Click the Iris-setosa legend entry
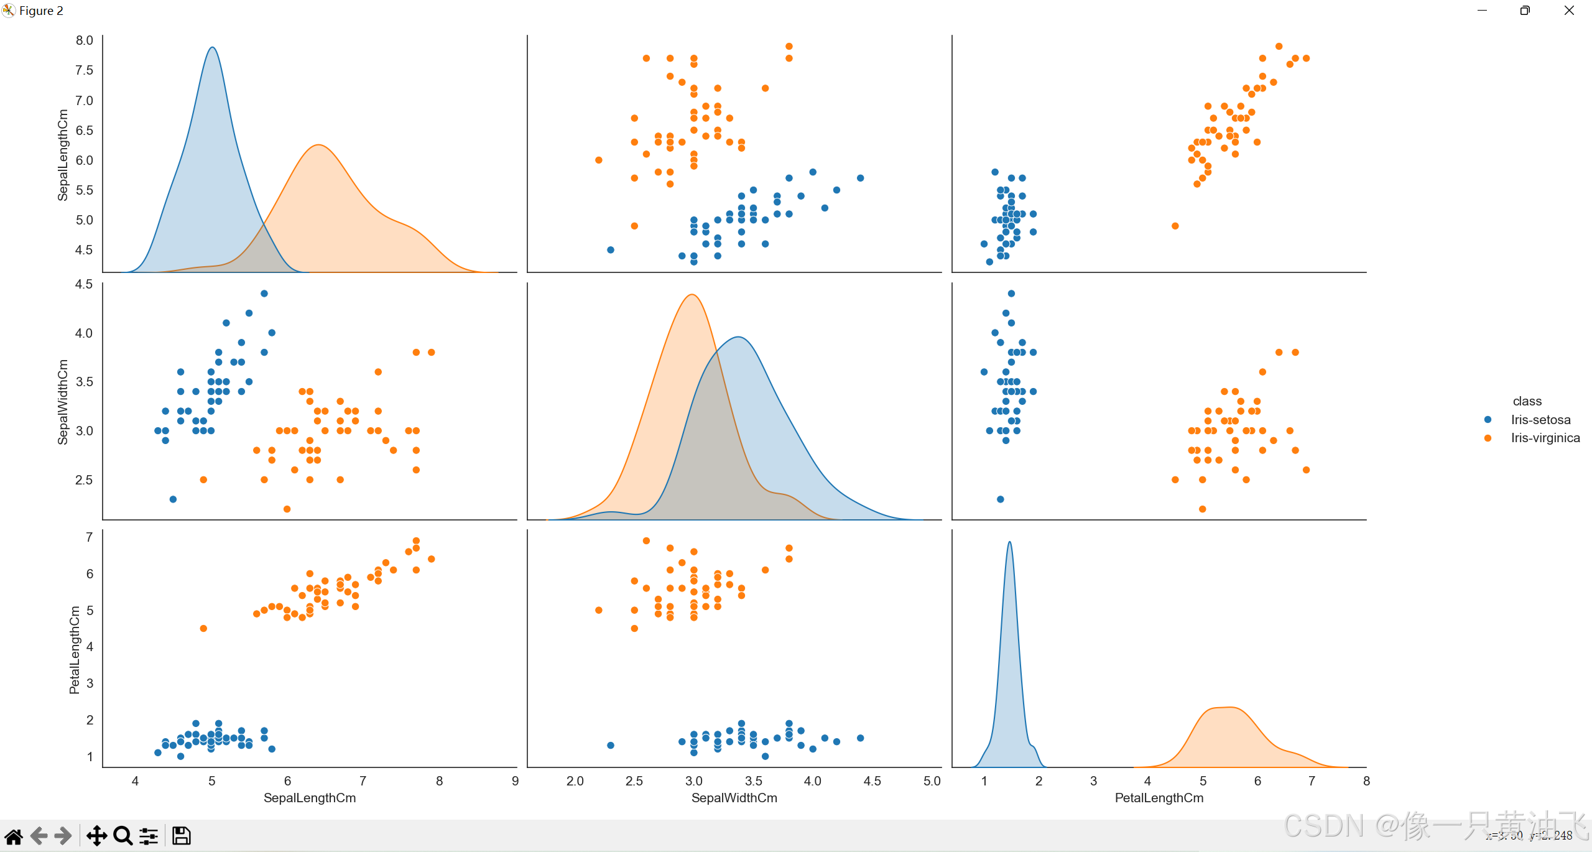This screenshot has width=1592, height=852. [1540, 420]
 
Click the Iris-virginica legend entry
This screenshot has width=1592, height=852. [1545, 438]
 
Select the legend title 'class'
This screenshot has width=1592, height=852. [1527, 401]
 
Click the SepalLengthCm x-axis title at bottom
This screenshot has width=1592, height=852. [310, 798]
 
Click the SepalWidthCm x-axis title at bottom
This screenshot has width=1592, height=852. [734, 798]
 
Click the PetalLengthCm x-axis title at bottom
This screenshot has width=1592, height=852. [1159, 798]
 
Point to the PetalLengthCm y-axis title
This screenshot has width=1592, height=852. [75, 650]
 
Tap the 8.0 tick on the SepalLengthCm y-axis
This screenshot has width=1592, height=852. [84, 40]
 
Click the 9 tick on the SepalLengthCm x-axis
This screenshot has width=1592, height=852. [515, 781]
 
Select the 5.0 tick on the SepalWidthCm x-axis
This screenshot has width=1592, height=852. [932, 781]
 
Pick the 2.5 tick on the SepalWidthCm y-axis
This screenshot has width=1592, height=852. [84, 480]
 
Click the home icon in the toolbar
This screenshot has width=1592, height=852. [14, 836]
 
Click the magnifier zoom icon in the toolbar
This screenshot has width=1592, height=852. [123, 836]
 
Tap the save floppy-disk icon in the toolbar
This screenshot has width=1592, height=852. [181, 836]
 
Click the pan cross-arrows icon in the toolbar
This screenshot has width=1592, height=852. [96, 836]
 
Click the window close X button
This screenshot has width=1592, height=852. [1569, 11]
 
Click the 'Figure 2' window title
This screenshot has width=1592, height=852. [41, 11]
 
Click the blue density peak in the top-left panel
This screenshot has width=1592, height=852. [212, 48]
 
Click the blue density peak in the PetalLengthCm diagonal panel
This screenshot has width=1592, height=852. [1009, 542]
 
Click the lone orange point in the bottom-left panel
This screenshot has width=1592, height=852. [203, 629]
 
